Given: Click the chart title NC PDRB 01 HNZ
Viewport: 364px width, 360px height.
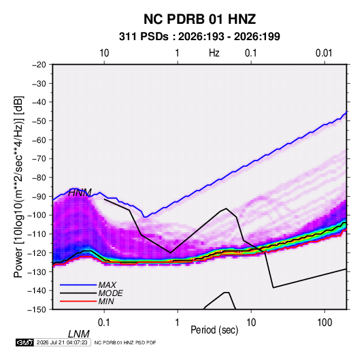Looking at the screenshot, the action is coord(199,19).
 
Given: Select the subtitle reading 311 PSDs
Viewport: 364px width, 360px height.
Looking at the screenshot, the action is coord(144,37).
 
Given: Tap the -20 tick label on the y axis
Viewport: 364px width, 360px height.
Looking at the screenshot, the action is coord(39,65).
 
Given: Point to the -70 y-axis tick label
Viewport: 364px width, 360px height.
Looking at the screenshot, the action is coord(39,159).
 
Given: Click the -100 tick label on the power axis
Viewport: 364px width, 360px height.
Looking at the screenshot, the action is coord(37,215).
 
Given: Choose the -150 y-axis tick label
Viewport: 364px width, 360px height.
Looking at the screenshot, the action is coord(37,310).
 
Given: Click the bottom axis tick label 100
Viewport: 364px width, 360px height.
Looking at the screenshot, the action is coord(325,322).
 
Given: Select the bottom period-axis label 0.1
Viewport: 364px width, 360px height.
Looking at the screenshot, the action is coord(104,322).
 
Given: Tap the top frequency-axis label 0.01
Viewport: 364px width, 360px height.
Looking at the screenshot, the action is coord(324,53).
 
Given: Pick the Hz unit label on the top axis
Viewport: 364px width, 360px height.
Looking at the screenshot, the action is coord(214,53).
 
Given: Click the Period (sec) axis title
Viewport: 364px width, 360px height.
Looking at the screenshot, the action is coord(214,330).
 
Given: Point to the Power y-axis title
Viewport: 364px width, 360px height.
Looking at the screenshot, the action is coord(18,186).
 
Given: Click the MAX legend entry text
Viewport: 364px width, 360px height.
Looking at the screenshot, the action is coord(107,285).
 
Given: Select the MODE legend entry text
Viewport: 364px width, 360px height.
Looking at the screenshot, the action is coord(110,293).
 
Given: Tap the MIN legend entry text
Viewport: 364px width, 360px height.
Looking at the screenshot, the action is coord(106,301).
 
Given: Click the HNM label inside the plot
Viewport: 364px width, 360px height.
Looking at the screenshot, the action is coord(80,193).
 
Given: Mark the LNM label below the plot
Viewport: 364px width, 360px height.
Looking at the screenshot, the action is coord(78,334).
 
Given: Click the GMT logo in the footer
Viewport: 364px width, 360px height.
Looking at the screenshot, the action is coord(24,342).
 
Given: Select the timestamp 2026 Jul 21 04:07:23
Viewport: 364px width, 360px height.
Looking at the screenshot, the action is coord(62,342).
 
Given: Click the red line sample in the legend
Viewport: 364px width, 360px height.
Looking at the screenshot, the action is coord(78,301).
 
